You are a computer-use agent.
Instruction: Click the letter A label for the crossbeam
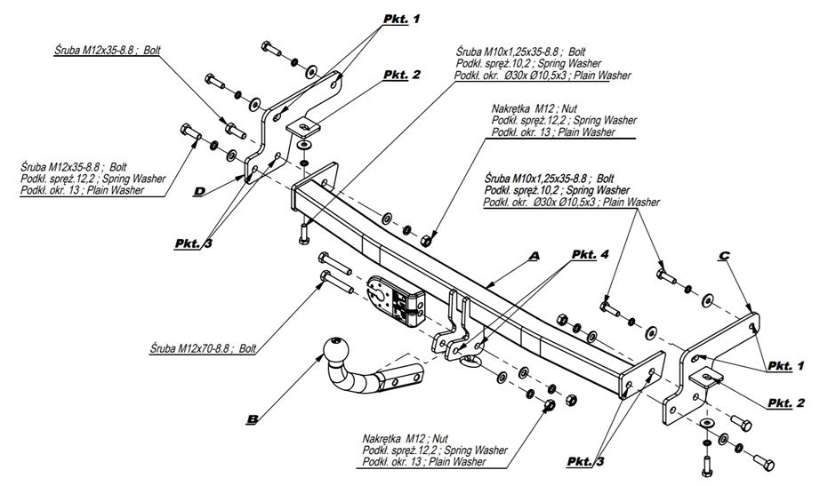pyautogui.click(x=534, y=256)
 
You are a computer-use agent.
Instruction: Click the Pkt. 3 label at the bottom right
pyautogui.click(x=587, y=460)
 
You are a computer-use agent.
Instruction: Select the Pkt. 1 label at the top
pyautogui.click(x=401, y=18)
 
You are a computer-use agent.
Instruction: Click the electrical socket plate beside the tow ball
pyautogui.click(x=390, y=300)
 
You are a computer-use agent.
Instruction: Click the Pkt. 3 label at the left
pyautogui.click(x=194, y=241)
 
